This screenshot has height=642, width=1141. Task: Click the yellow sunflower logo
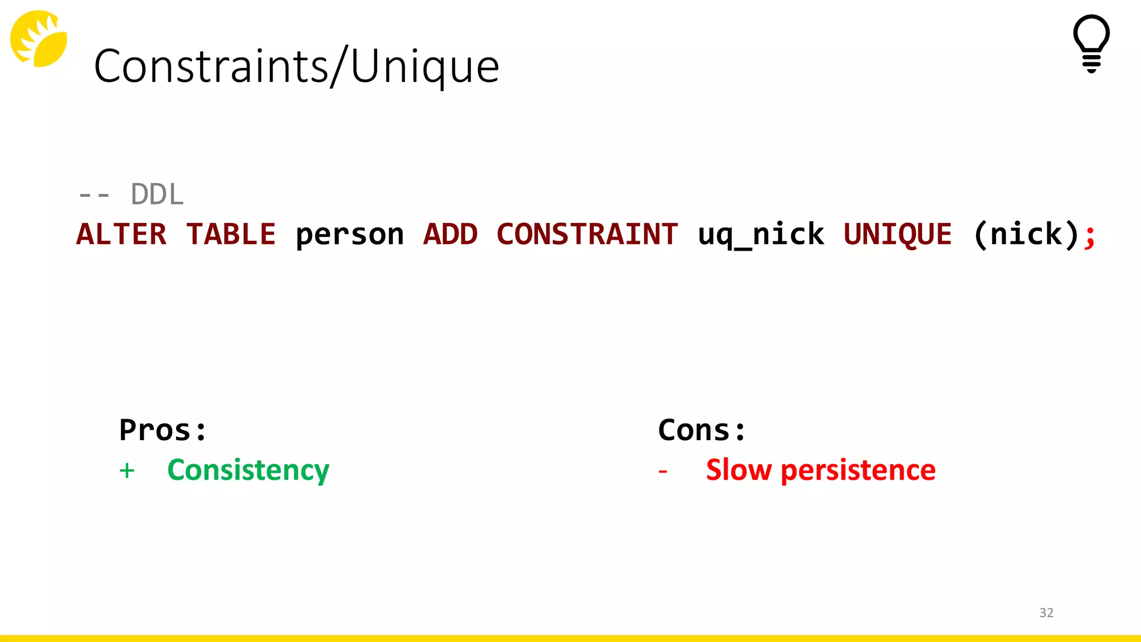[38, 38]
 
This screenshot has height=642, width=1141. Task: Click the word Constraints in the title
[211, 66]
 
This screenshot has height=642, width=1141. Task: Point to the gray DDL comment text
[157, 194]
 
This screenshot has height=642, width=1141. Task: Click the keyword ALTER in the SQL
[121, 234]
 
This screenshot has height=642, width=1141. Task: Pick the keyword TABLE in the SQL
[231, 234]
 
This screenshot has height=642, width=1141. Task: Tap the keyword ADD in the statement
[450, 234]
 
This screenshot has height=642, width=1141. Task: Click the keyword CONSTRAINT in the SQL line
[587, 234]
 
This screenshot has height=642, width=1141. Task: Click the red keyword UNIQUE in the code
[897, 235]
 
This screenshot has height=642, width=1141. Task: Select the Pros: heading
[163, 430]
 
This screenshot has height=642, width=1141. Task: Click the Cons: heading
[701, 430]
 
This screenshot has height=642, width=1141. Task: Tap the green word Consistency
[248, 470]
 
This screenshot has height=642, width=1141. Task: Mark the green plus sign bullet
[127, 471]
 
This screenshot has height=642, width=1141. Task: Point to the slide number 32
[1046, 612]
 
